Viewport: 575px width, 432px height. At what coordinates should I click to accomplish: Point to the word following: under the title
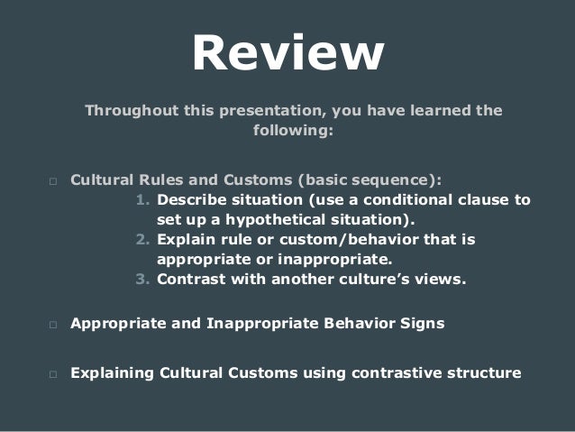pos(287,131)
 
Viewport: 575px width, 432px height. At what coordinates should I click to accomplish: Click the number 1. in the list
pos(143,199)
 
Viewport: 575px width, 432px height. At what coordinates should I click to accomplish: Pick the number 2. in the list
pos(143,239)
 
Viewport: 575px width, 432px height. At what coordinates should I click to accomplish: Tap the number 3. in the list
pos(143,279)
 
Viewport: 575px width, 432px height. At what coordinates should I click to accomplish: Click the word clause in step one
pos(484,199)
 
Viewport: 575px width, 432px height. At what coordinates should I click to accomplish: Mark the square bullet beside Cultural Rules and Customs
pos(52,180)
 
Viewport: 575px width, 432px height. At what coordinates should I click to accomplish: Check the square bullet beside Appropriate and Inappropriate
pos(52,324)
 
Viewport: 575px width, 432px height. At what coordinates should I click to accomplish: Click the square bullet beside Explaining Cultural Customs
pos(52,372)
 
